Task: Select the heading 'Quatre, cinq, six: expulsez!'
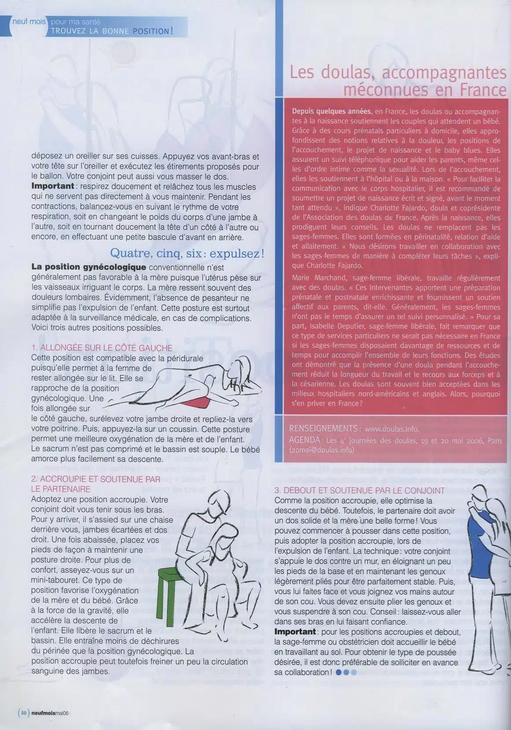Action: tap(187, 254)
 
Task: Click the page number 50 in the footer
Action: tap(24, 713)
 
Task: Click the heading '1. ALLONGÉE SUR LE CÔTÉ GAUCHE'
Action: tap(102, 348)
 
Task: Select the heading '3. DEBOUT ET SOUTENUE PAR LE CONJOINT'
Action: tap(359, 490)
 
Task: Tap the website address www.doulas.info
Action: tap(392, 429)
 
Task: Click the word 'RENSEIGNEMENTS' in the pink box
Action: tap(323, 429)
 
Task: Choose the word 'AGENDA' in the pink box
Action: tap(305, 440)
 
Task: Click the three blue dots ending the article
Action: tap(346, 672)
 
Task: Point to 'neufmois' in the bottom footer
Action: tap(43, 714)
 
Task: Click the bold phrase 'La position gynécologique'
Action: tap(88, 267)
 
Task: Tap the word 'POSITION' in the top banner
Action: tap(149, 31)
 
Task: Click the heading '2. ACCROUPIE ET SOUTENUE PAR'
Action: tap(96, 479)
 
